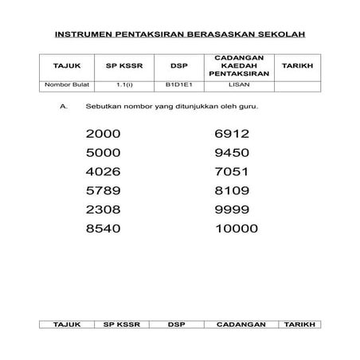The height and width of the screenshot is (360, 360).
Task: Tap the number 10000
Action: tap(237, 229)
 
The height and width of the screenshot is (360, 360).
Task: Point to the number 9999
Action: tap(233, 209)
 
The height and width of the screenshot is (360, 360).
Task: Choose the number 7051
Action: tap(232, 171)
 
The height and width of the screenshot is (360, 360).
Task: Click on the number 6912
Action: tap(233, 134)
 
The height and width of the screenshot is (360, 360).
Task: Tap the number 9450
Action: tap(233, 153)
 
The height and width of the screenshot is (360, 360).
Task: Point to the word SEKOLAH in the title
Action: tap(283, 36)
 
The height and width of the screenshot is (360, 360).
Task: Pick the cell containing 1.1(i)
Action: tap(123, 82)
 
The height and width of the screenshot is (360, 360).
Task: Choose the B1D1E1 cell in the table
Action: tap(175, 82)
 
